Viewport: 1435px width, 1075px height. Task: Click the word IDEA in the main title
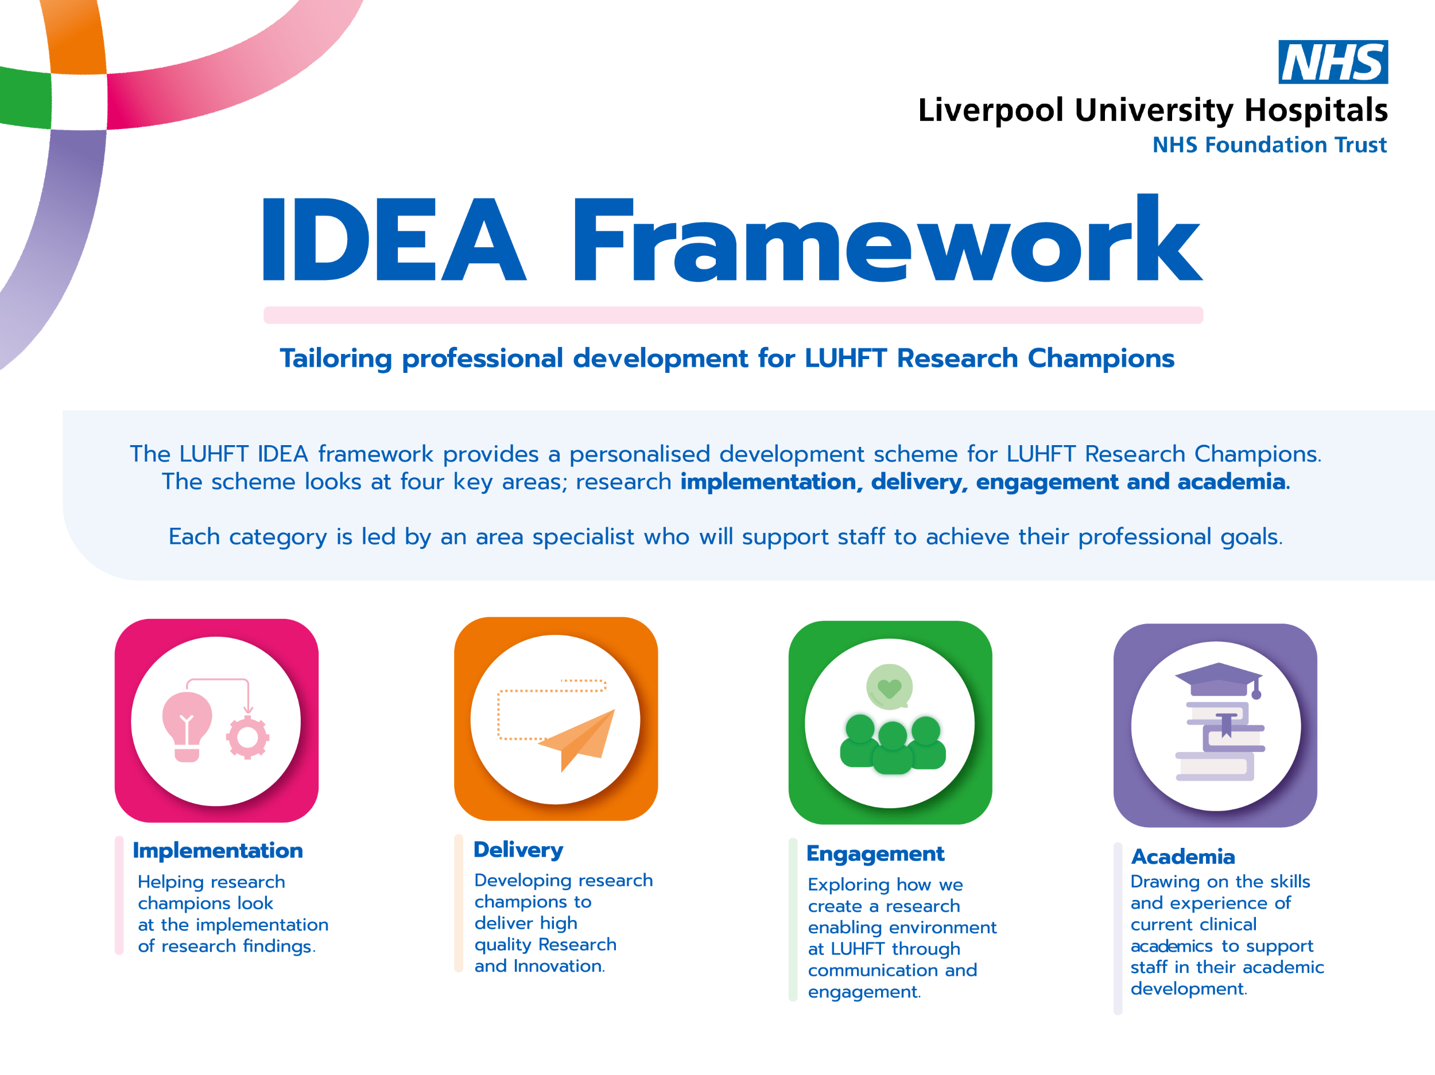(x=393, y=240)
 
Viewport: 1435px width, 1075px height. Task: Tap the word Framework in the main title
(x=887, y=238)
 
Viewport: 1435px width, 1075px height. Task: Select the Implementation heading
(x=218, y=850)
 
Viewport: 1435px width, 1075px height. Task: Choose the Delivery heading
(x=518, y=850)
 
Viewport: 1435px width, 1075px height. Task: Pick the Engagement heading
(x=875, y=855)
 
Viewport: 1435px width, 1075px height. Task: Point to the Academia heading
(x=1182, y=856)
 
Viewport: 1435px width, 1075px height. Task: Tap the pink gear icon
(x=248, y=737)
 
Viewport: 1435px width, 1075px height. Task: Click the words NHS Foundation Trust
(x=1270, y=145)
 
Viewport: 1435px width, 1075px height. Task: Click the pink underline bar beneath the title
(x=733, y=315)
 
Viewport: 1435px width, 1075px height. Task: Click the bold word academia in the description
(x=1231, y=482)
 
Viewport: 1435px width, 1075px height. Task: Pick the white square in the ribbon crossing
(x=79, y=102)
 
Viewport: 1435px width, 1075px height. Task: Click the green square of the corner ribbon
(x=25, y=98)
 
